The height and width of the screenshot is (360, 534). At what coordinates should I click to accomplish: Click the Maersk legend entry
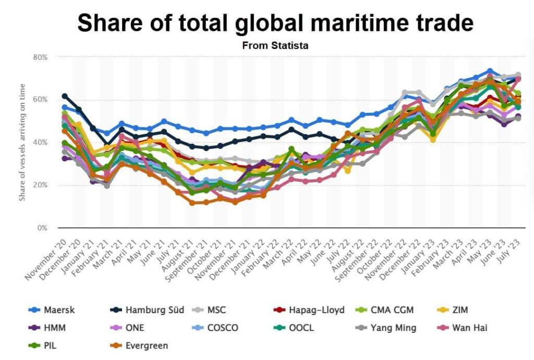59,310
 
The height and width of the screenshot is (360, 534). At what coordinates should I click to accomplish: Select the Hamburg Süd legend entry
154,310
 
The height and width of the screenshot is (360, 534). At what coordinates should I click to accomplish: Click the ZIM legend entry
460,310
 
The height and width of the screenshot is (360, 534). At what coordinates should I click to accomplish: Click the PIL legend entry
51,345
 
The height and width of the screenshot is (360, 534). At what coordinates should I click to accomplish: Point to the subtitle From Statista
275,45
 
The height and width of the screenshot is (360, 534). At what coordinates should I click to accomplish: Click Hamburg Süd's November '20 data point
65,96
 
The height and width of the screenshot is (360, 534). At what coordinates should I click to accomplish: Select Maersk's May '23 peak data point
490,71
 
